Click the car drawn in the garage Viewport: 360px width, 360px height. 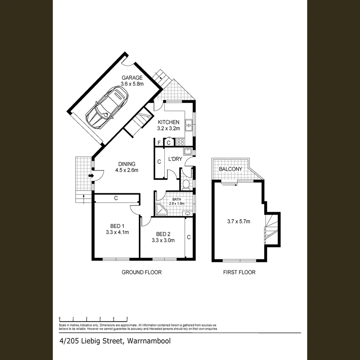[x=107, y=108]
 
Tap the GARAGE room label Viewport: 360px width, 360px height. [x=132, y=78]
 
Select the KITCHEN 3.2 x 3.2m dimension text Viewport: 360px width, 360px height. [x=169, y=128]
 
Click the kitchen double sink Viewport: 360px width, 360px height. [x=189, y=125]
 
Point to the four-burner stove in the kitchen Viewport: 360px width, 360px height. [x=181, y=142]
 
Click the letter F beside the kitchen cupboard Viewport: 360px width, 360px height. [x=159, y=143]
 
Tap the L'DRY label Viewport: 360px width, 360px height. [x=175, y=159]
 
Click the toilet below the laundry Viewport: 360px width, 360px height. [x=186, y=184]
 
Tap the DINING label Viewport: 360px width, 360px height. [x=127, y=164]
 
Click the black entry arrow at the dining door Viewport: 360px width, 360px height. [x=90, y=175]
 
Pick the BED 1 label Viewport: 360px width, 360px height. [x=115, y=226]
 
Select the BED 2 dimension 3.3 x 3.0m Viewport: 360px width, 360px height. [x=163, y=240]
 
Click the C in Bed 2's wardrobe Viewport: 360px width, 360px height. [x=189, y=237]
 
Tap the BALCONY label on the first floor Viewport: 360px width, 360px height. [x=230, y=169]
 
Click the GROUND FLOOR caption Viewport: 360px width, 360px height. [x=141, y=272]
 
